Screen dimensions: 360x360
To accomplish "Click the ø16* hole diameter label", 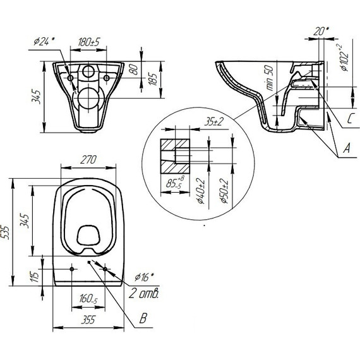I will click(144, 276).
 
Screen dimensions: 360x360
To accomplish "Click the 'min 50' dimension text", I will click(270, 80).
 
